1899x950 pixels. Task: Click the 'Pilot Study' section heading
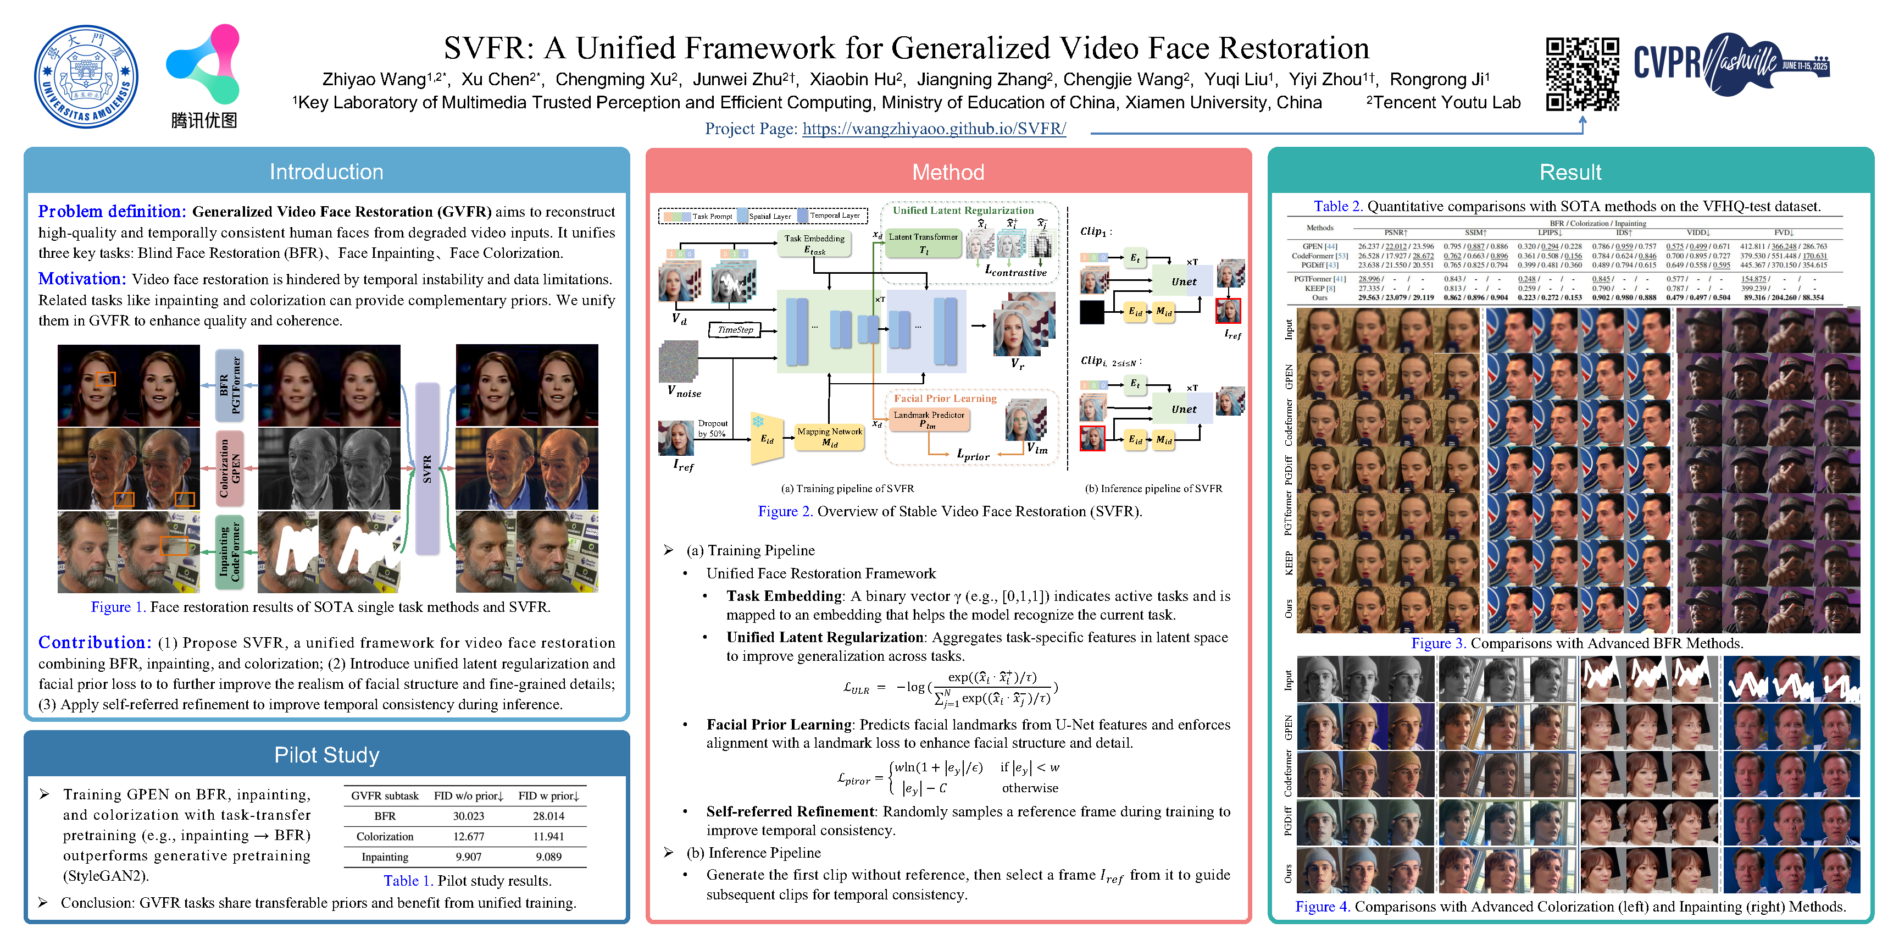[326, 754]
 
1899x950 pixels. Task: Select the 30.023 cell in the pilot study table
[468, 816]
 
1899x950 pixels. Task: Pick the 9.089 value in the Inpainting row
[548, 857]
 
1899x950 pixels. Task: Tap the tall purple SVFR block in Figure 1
[427, 468]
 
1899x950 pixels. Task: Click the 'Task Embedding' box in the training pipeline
[814, 244]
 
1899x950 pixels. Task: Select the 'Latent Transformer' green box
[923, 242]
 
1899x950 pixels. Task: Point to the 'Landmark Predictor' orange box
[929, 419]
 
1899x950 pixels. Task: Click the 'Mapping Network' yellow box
[829, 436]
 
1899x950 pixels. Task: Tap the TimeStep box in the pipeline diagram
[735, 330]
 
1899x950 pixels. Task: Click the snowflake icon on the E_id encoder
[758, 421]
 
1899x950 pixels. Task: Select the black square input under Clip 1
[1092, 312]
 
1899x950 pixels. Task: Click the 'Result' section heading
[1570, 172]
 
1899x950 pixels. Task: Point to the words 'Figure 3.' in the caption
[1437, 643]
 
